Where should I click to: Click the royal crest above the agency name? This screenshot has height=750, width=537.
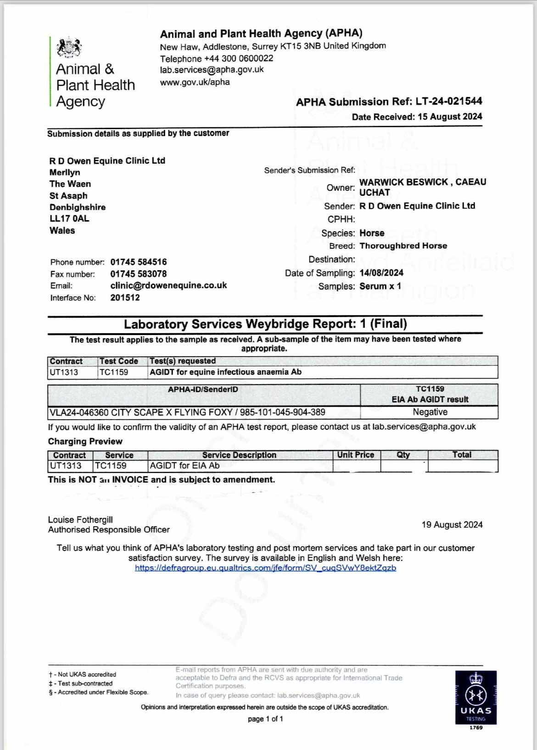pos(69,48)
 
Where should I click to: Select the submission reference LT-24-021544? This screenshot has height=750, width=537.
pos(449,102)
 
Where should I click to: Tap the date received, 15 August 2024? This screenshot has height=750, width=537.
pos(450,117)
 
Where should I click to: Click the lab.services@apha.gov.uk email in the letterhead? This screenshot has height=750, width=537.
pos(212,70)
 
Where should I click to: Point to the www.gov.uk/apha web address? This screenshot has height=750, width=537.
pos(195,82)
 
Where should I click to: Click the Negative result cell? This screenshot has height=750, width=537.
pos(430,412)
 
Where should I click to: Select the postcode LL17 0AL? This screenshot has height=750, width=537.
pos(69,219)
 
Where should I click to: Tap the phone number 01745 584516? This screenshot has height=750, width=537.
pos(138,262)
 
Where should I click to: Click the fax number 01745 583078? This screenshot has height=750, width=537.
pos(138,274)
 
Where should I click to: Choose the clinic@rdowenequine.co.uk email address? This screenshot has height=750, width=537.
pos(168,285)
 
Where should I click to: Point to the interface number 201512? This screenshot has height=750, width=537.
pos(125,298)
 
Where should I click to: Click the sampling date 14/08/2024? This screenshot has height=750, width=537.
pos(381,273)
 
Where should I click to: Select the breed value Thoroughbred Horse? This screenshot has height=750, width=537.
pos(403,246)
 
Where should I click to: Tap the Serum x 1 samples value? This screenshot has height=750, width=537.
pos(380,286)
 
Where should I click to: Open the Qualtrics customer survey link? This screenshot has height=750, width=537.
pos(265,568)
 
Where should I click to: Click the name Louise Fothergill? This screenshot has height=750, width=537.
pos(80,520)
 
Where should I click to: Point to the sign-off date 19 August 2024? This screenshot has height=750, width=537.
pos(452,525)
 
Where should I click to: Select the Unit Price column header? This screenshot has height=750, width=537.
pos(356,455)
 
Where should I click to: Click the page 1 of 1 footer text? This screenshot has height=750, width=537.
pos(265,719)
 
